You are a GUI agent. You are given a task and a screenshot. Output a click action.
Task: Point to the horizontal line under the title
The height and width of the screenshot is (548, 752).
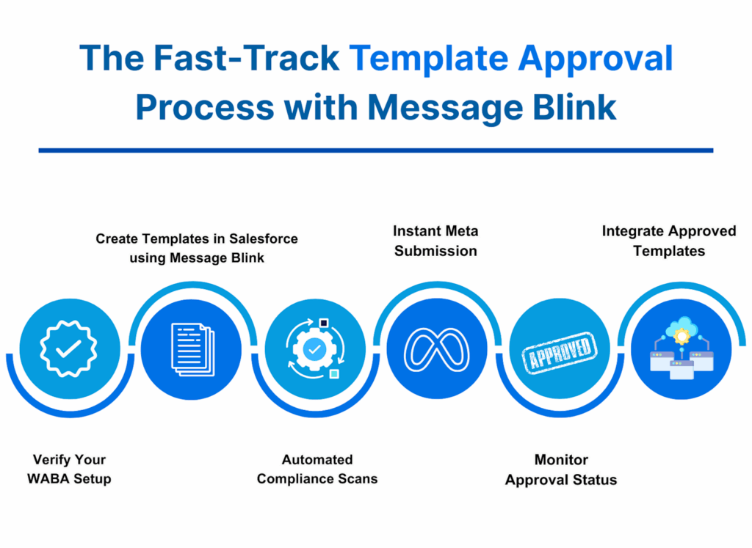tap(375, 150)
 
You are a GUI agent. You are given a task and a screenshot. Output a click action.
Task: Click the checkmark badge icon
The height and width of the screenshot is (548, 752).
tap(68, 348)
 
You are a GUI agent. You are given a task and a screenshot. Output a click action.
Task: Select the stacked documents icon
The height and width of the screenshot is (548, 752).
tap(192, 348)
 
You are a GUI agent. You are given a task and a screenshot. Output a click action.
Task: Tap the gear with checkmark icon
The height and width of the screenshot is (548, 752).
tap(314, 349)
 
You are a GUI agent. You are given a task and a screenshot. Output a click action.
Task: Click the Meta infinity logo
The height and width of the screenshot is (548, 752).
tap(438, 348)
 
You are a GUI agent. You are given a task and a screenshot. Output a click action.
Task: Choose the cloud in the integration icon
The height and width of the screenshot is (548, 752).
tap(681, 326)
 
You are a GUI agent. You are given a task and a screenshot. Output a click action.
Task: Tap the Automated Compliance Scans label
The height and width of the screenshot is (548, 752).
tap(317, 470)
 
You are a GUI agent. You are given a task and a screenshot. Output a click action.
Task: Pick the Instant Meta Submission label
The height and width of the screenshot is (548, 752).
tap(436, 241)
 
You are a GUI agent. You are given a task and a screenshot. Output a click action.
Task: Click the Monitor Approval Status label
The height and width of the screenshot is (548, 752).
tap(561, 470)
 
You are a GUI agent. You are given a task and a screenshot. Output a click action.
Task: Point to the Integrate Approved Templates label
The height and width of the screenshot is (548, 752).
tap(669, 241)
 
